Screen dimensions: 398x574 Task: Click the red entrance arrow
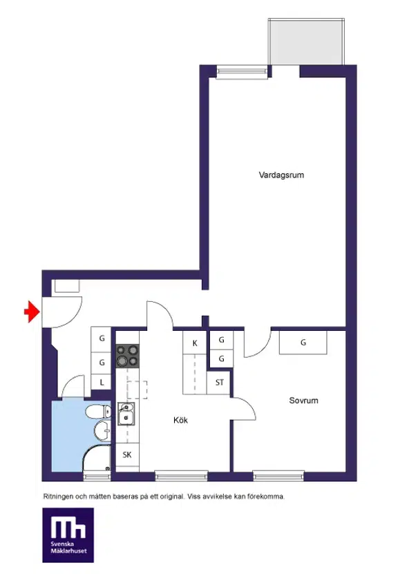[x=32, y=312]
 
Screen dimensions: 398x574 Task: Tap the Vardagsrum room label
[x=281, y=175]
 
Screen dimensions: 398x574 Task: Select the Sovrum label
[x=303, y=401]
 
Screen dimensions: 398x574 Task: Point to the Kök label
[x=180, y=420]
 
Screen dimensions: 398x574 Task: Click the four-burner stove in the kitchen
[x=127, y=356]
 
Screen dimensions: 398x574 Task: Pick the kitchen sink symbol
[x=126, y=414]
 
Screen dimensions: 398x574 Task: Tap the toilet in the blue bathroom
[x=98, y=412]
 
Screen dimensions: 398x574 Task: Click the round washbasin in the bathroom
[x=102, y=430]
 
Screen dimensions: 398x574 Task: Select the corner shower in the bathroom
[x=96, y=458]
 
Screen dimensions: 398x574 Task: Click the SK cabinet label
[x=127, y=455]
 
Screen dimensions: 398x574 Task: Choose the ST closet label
[x=219, y=383]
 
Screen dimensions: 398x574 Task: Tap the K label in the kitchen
[x=195, y=343]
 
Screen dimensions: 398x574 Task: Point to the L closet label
[x=102, y=383]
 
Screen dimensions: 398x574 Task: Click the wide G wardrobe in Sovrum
[x=303, y=343]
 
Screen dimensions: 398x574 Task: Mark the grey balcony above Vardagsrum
[x=307, y=41]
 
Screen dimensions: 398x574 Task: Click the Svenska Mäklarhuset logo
[x=68, y=535]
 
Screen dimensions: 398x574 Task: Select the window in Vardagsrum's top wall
[x=242, y=72]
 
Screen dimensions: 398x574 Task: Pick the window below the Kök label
[x=181, y=476]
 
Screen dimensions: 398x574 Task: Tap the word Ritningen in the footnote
[x=59, y=497]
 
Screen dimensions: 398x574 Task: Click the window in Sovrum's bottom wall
[x=278, y=476]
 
